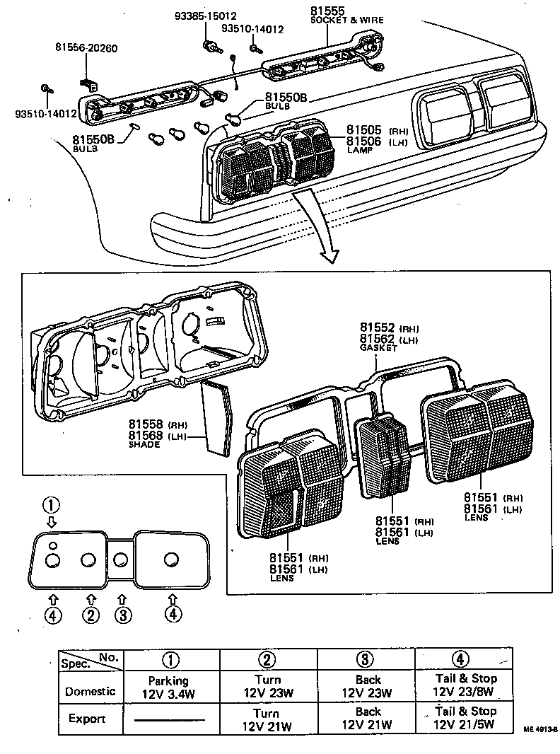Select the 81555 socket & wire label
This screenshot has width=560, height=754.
[x=346, y=15]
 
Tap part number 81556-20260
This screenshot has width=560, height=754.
[x=86, y=48]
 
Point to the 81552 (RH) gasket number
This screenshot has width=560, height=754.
[x=378, y=327]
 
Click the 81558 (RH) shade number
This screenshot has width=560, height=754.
[x=146, y=424]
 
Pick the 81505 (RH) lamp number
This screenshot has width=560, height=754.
[x=364, y=130]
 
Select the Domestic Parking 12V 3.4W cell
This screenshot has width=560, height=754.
[x=168, y=686]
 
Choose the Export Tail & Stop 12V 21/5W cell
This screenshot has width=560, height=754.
[x=464, y=718]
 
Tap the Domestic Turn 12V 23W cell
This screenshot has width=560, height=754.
[x=267, y=686]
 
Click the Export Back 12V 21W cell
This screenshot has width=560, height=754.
[x=367, y=718]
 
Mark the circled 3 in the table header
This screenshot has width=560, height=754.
[x=363, y=659]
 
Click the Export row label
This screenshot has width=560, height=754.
[x=87, y=719]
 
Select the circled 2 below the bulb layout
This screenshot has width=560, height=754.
[x=91, y=615]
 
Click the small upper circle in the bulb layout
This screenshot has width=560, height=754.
[x=53, y=545]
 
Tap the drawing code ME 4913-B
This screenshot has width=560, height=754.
[x=540, y=728]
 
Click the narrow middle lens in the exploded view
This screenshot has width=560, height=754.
[x=383, y=456]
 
